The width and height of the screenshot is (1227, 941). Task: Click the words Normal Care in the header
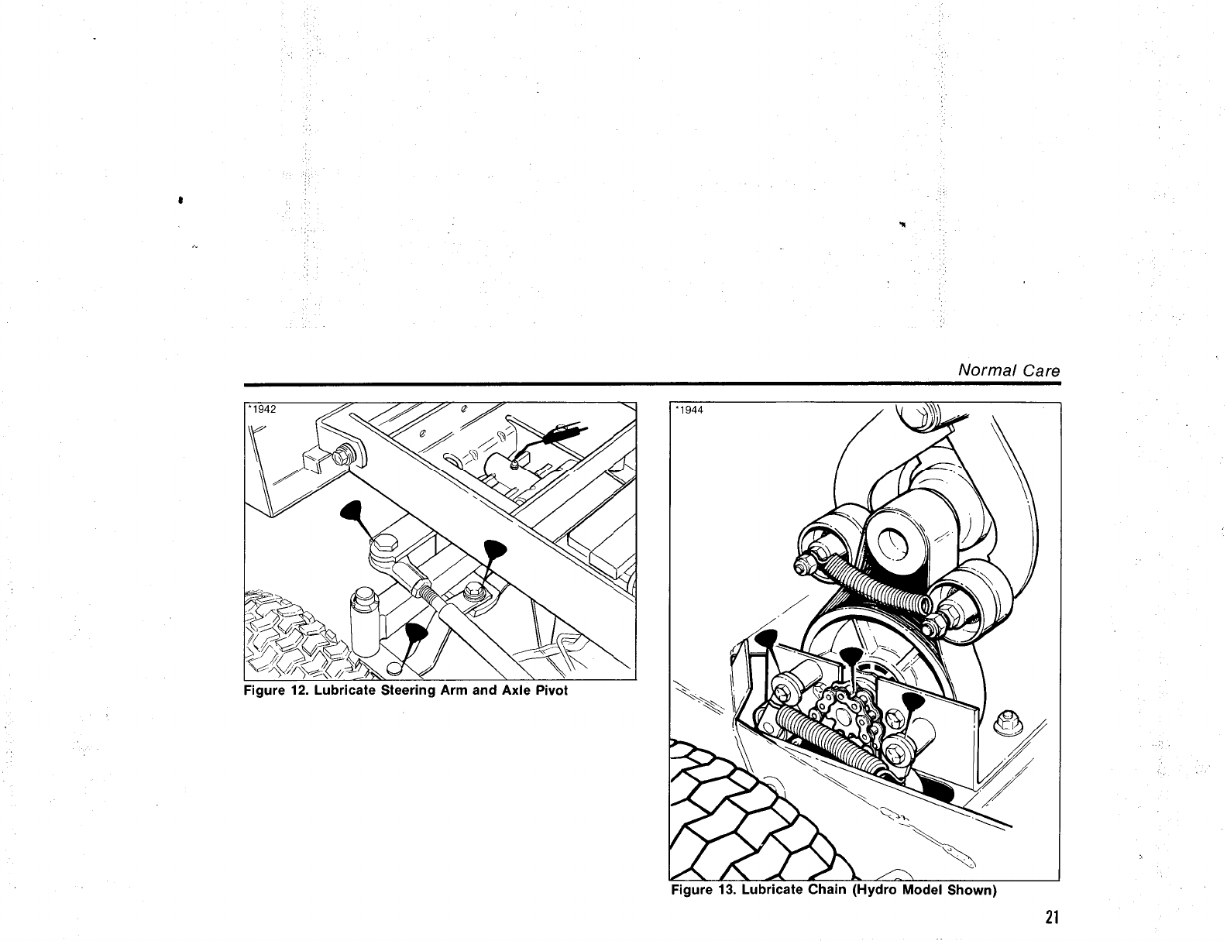coord(1009,370)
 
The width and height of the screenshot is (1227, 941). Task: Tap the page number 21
coord(1050,919)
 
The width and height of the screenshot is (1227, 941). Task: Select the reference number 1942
coord(263,410)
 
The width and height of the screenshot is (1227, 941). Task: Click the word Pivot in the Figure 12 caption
coord(551,689)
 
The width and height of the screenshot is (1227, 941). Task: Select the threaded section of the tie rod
coord(424,589)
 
